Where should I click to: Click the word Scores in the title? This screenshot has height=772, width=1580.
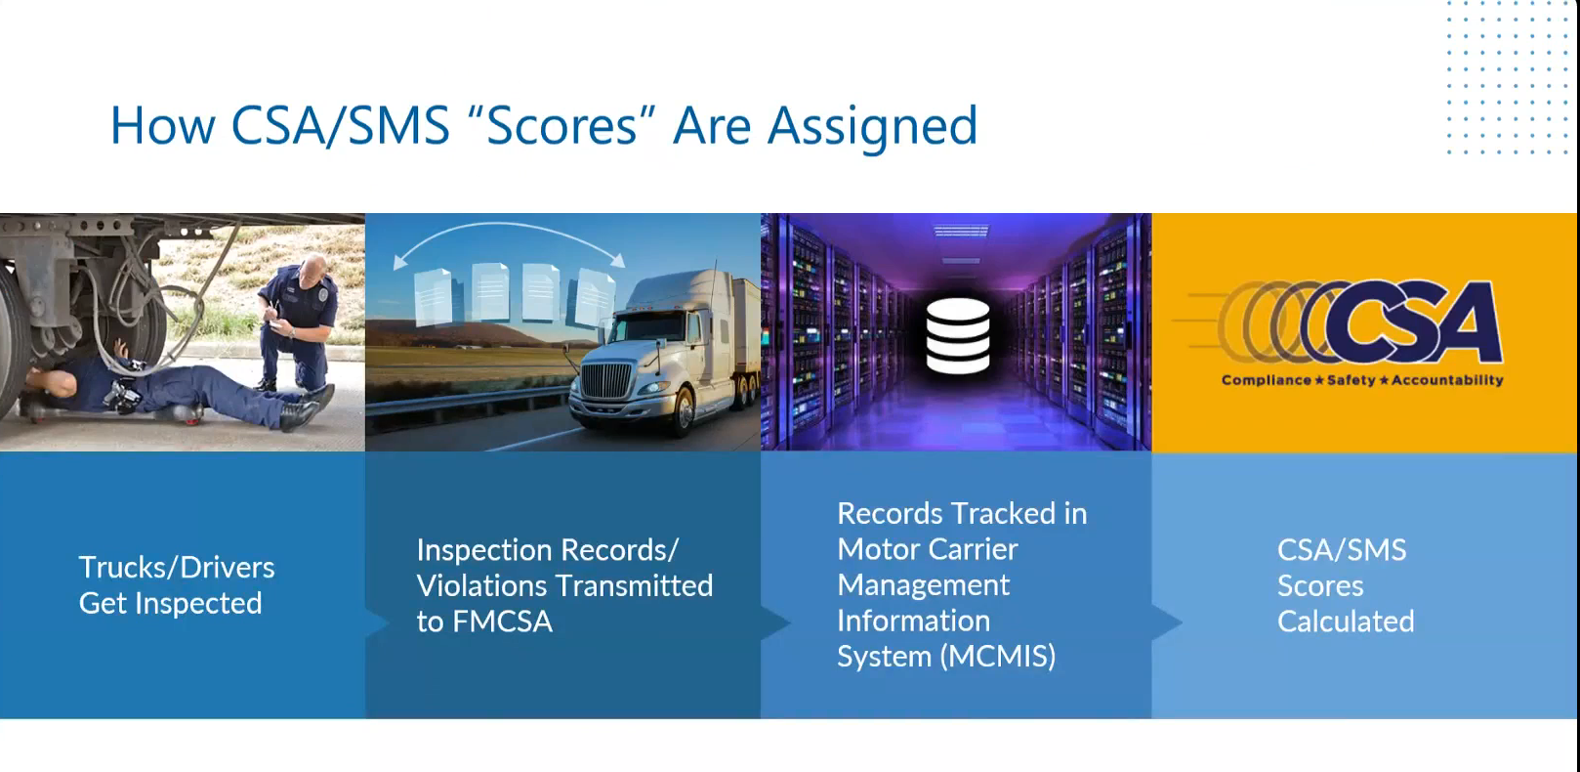pyautogui.click(x=562, y=125)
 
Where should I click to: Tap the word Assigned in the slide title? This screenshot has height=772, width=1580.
pyautogui.click(x=872, y=127)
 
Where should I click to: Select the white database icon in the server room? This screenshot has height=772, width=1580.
pyautogui.click(x=957, y=336)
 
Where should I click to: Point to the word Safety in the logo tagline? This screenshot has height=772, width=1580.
pyautogui.click(x=1351, y=380)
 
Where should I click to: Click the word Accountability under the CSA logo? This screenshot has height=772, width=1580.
pyautogui.click(x=1446, y=380)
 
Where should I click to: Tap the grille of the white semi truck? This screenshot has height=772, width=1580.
pyautogui.click(x=605, y=382)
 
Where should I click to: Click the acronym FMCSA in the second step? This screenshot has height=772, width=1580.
pyautogui.click(x=502, y=622)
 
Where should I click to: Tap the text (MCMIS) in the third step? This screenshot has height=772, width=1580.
pyautogui.click(x=997, y=657)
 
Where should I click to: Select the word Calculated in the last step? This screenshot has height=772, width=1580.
pyautogui.click(x=1345, y=622)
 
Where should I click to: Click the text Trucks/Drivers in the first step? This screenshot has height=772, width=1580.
pyautogui.click(x=177, y=568)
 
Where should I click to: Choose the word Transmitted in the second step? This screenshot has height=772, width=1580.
pyautogui.click(x=634, y=585)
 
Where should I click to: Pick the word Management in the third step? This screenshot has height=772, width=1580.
pyautogui.click(x=924, y=585)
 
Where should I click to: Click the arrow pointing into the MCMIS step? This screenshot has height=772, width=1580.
pyautogui.click(x=776, y=622)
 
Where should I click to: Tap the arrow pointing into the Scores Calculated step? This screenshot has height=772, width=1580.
pyautogui.click(x=1167, y=622)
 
